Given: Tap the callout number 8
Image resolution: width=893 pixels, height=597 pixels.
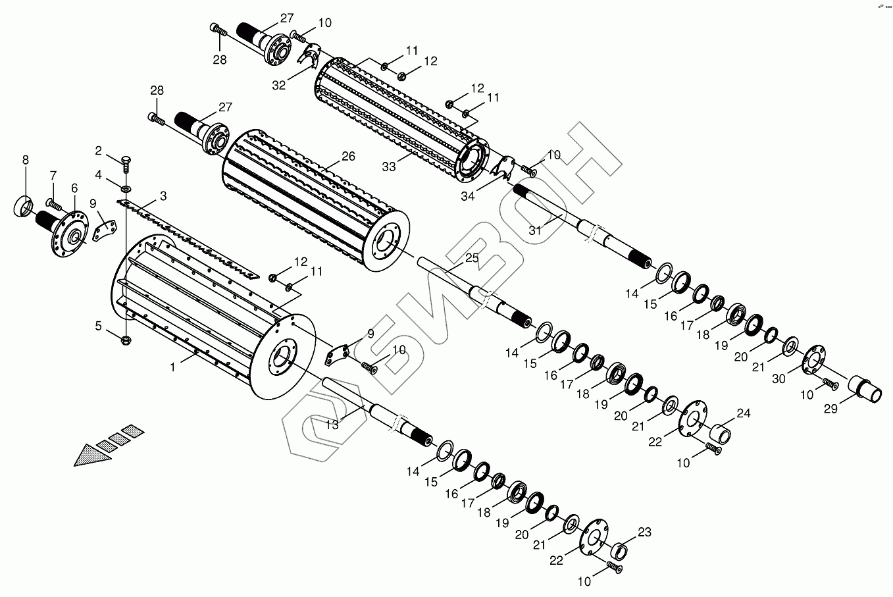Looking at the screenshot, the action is coord(26,160).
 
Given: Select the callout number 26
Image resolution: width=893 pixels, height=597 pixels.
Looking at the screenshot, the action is coord(348,157).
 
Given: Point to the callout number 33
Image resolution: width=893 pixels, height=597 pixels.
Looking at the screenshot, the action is coord(389,167).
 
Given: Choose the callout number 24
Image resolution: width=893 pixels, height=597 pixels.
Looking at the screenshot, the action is coord(743,413).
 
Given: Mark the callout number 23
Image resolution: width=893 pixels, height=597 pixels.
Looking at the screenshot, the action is coord(644,532).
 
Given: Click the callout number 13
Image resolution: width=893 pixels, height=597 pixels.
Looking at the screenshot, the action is coord(332,425).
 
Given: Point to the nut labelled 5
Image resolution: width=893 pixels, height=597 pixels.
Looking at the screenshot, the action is coord(126,340).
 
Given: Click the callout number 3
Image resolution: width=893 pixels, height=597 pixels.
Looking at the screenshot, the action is coord(163,196).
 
